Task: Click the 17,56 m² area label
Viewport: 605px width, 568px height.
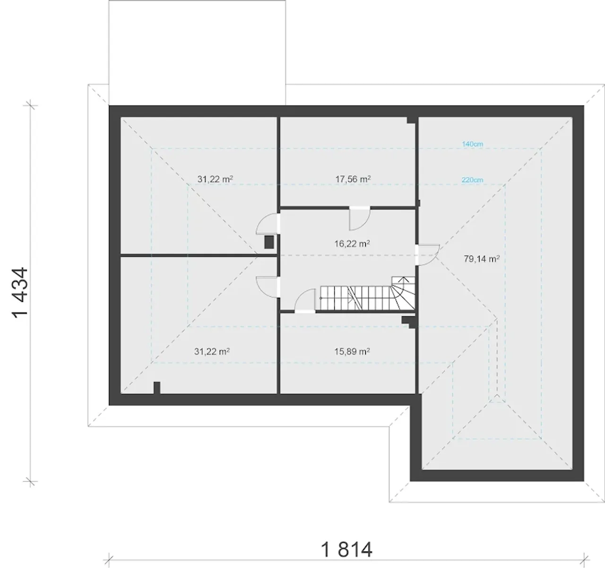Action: coord(353,179)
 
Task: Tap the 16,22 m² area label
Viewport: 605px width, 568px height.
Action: coord(352,244)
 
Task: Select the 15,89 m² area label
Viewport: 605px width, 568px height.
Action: coord(352,352)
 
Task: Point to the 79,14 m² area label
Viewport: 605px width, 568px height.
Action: coord(481,259)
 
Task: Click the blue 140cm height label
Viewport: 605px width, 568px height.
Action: coord(473,144)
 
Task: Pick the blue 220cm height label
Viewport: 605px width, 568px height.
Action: coord(472,180)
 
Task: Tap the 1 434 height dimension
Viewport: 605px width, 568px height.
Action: coord(21,293)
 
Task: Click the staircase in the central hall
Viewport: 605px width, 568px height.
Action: coord(367,293)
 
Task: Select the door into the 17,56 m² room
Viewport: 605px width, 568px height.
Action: coord(360,218)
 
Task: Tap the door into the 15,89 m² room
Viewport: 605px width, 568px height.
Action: coord(305,301)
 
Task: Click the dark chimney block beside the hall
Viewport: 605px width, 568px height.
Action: coord(269,242)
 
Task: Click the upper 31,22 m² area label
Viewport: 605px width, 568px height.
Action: coord(215,179)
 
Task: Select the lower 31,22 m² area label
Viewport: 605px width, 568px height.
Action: coord(212,352)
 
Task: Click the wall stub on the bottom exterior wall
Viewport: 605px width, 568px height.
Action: coord(157,388)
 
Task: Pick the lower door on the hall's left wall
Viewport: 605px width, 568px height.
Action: coord(268,286)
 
